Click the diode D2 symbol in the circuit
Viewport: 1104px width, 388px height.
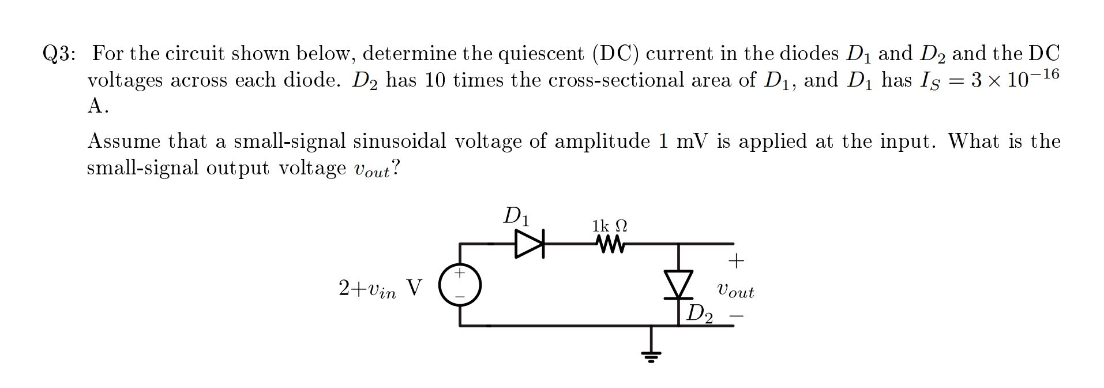coord(678,284)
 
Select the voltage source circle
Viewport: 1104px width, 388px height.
coord(460,285)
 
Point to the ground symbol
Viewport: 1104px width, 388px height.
coord(651,354)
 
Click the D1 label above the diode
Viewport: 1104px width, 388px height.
coord(516,216)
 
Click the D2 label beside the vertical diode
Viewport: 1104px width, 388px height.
coord(700,314)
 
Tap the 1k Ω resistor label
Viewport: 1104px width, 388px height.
coord(610,225)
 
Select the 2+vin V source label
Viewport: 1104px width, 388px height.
coord(380,288)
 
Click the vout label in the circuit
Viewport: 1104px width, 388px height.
coord(735,290)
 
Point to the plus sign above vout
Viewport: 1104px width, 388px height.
coord(736,261)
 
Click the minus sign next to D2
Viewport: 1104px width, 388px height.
coord(736,316)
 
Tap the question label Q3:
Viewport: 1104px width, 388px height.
coord(59,54)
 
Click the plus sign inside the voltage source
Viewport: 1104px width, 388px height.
coord(460,272)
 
